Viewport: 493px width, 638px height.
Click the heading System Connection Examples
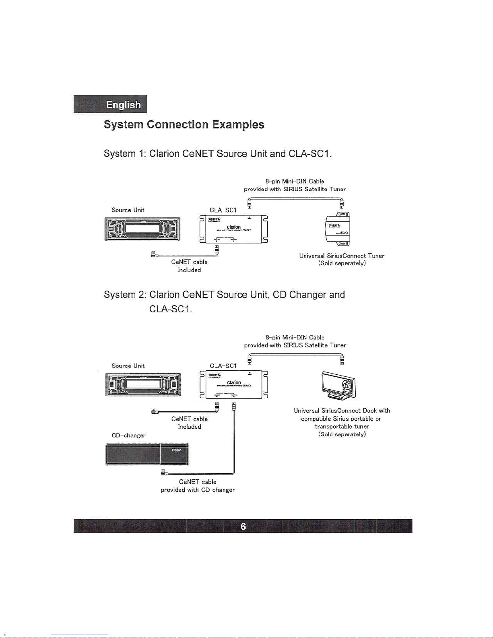184,125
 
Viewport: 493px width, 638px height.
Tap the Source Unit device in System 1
142,229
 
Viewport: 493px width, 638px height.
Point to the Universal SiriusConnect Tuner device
338,228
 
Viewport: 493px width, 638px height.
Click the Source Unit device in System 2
143,384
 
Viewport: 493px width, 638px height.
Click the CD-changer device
147,454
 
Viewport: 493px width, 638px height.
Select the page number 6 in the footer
243,526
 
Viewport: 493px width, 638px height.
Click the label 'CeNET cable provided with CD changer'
198,486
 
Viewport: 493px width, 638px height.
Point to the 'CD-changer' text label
128,435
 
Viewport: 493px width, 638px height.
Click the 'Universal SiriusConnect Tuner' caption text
342,256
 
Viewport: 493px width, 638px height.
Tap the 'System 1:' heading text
125,154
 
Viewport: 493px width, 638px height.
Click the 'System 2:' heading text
125,295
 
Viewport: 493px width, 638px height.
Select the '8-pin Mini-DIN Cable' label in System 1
295,182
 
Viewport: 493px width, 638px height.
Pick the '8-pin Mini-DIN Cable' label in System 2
295,337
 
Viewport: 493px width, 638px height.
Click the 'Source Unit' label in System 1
128,210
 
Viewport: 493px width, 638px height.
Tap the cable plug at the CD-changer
163,472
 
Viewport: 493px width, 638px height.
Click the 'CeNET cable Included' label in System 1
189,266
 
